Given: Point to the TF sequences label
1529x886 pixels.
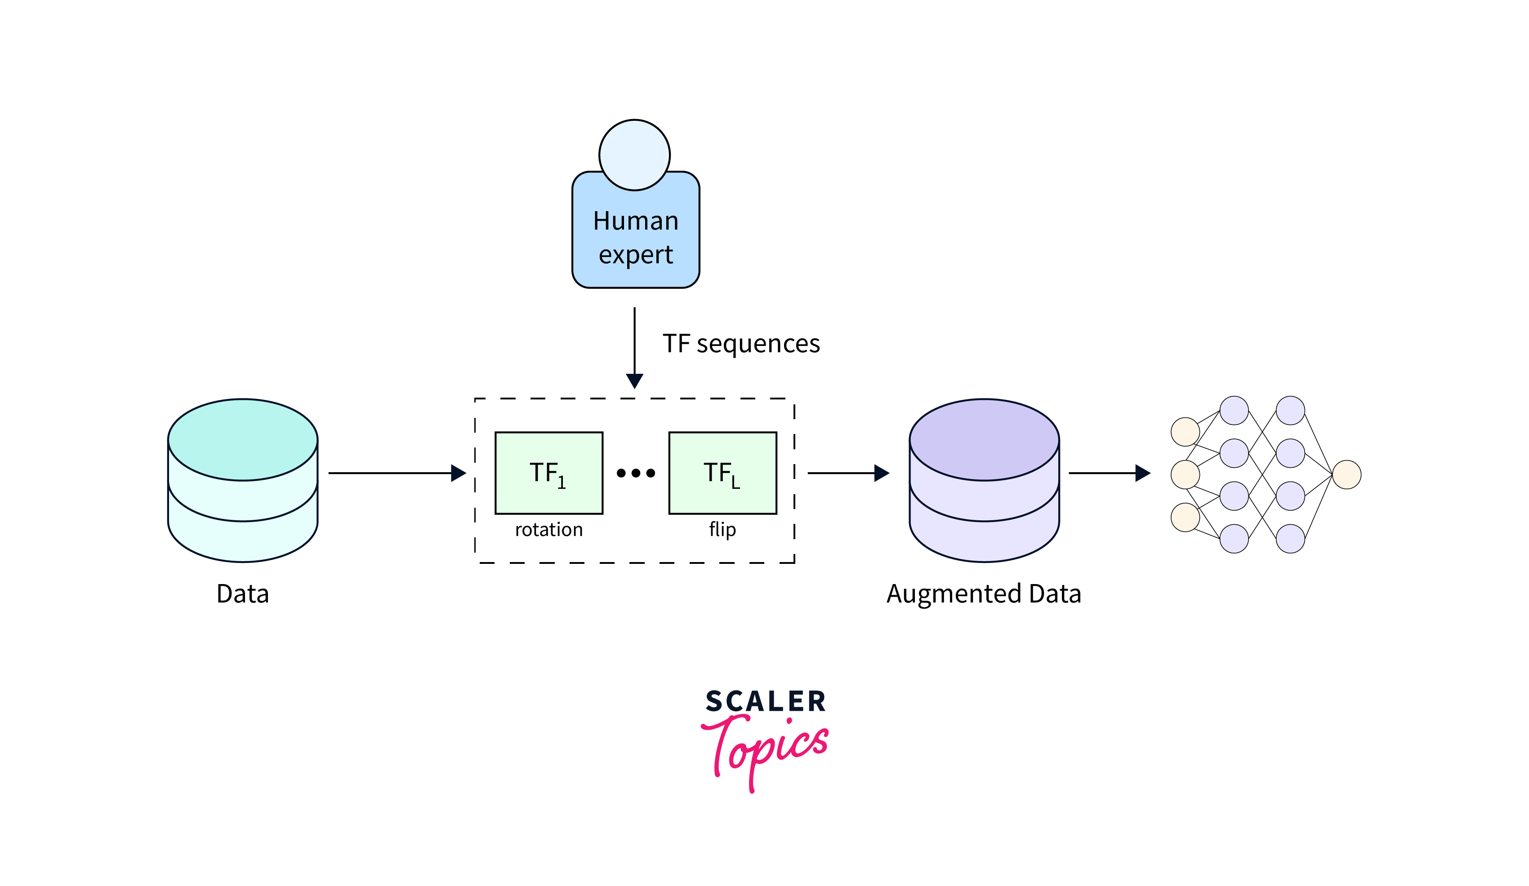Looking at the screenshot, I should pyautogui.click(x=741, y=344).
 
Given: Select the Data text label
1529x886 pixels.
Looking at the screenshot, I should pyautogui.click(x=243, y=593).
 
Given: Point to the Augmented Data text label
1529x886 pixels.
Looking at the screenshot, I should pyautogui.click(x=984, y=593).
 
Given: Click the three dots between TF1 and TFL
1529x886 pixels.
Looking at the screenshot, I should pyautogui.click(x=635, y=473).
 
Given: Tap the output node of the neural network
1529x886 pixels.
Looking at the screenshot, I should pyautogui.click(x=1346, y=474).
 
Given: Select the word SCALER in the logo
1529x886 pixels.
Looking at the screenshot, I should pyautogui.click(x=765, y=702).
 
